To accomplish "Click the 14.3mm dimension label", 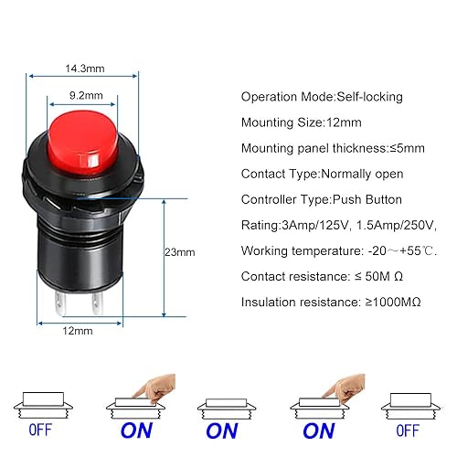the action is click(x=85, y=69).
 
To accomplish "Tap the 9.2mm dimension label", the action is click(x=86, y=95).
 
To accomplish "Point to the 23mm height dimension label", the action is click(x=180, y=252).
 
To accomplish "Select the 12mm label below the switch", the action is click(x=78, y=331).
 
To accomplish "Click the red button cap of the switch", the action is click(x=83, y=143).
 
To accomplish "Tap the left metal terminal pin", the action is click(x=59, y=303).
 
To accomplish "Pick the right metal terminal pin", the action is click(x=98, y=303).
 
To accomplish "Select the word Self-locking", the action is click(x=369, y=97).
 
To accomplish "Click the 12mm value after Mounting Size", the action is click(x=344, y=122).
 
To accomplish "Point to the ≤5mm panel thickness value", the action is click(x=408, y=148).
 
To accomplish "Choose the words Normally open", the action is click(x=362, y=174).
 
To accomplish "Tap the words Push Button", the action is click(x=367, y=199).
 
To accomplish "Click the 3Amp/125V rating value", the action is click(x=314, y=226).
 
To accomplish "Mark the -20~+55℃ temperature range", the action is click(x=402, y=251).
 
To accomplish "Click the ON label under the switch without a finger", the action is click(x=222, y=430).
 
